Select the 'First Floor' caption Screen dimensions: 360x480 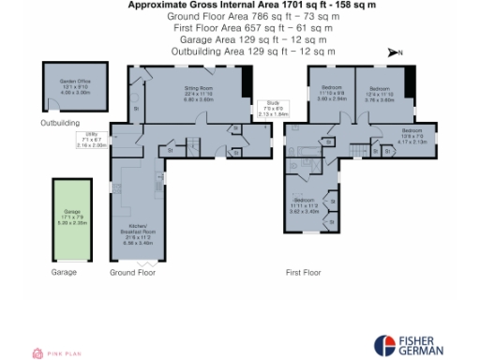[x=304, y=272]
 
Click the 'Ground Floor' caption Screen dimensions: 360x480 [x=132, y=272]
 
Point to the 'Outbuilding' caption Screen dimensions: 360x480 [x=61, y=123]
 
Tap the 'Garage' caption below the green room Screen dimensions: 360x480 [x=64, y=272]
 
